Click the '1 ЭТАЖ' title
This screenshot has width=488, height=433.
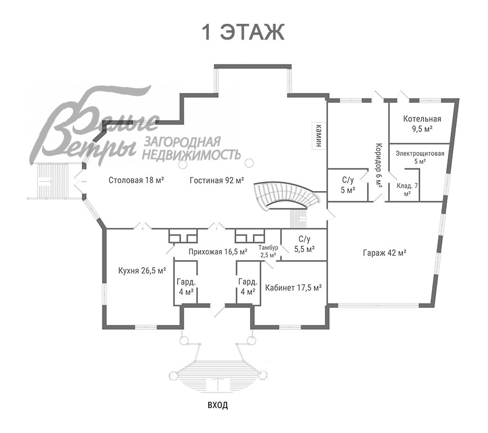tap(243, 32)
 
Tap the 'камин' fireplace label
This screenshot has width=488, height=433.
tap(319, 135)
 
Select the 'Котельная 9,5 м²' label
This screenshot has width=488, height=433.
tap(422, 123)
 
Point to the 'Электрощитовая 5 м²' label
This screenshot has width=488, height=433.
tap(420, 157)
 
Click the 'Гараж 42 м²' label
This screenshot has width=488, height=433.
tap(384, 253)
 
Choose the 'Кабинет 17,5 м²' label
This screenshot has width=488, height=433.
tap(293, 287)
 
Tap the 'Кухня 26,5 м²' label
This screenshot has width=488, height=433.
tap(142, 271)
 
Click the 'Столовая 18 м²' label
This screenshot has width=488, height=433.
tap(136, 180)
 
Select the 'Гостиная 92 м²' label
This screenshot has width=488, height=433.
tap(216, 180)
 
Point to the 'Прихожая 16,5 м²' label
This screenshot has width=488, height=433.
tap(218, 252)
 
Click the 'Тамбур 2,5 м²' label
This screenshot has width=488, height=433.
tap(268, 251)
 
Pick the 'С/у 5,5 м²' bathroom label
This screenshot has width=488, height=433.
tap(304, 244)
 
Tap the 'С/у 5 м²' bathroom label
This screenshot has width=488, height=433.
tap(348, 185)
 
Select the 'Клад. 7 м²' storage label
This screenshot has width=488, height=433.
tap(407, 189)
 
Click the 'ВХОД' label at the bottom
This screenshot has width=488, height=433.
tap(217, 405)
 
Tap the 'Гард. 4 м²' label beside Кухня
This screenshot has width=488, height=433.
tap(186, 287)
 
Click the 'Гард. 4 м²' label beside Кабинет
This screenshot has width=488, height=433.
tap(248, 287)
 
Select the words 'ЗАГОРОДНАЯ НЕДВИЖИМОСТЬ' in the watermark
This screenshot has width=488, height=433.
tap(191, 148)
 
